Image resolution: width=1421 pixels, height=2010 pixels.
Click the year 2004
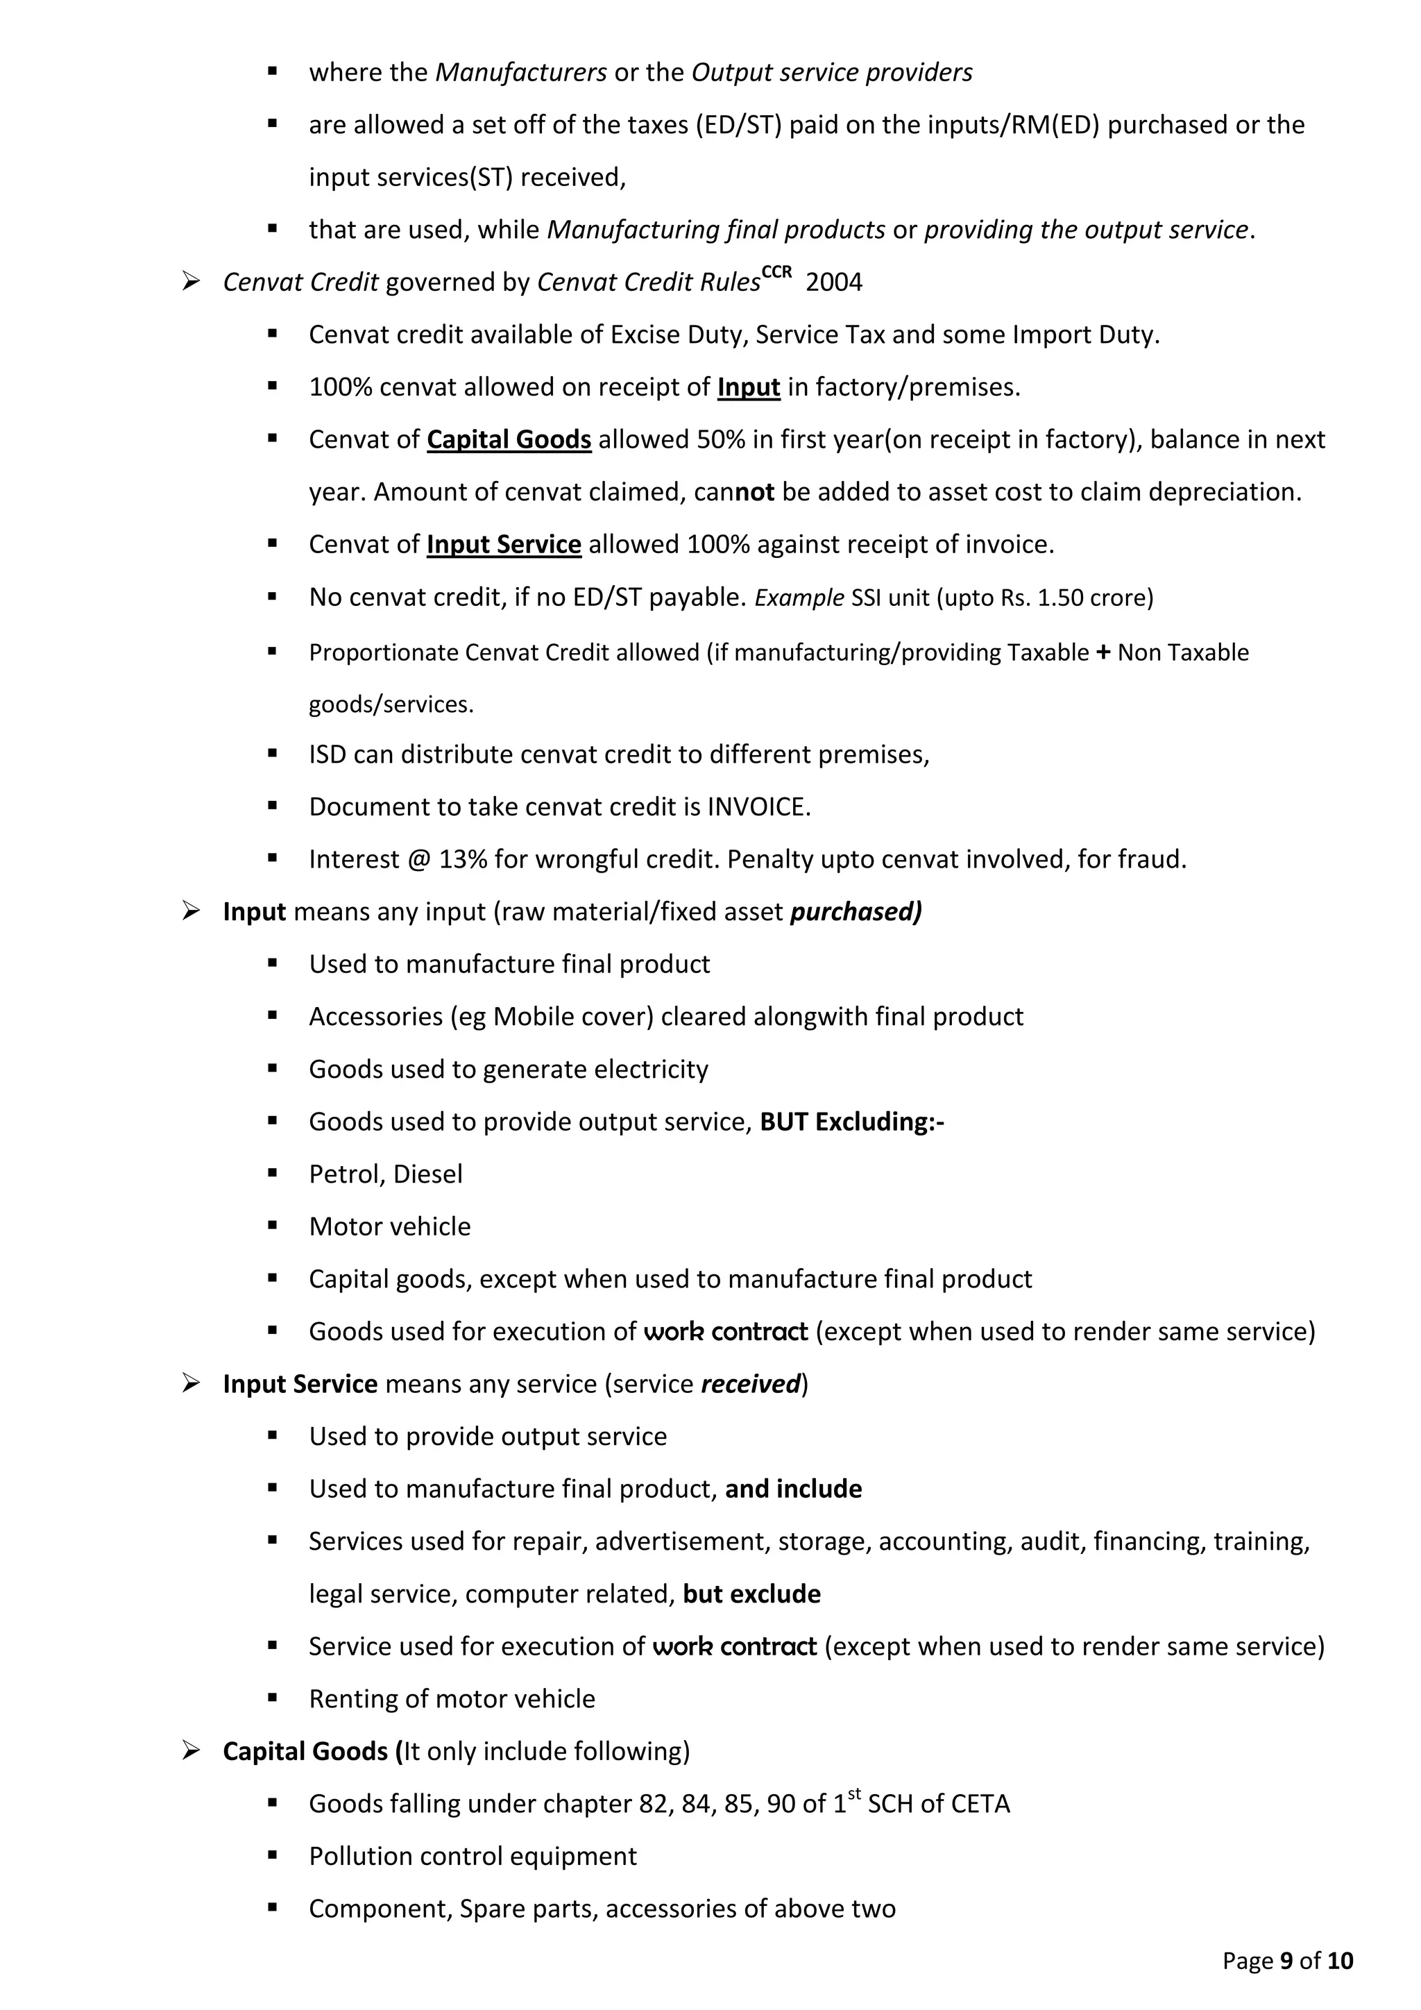pyautogui.click(x=833, y=282)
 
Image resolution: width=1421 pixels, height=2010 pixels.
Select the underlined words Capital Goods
pyautogui.click(x=509, y=439)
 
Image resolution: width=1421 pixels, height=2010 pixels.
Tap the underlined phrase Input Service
pyautogui.click(x=503, y=545)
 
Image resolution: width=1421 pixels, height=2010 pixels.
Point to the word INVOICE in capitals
pyautogui.click(x=758, y=807)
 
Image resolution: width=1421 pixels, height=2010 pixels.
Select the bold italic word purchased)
pyautogui.click(x=855, y=912)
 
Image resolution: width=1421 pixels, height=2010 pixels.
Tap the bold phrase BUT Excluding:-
pyautogui.click(x=851, y=1122)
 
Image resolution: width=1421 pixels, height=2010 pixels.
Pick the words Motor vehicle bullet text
pyautogui.click(x=389, y=1227)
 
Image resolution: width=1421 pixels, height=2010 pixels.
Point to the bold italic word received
pyautogui.click(x=751, y=1384)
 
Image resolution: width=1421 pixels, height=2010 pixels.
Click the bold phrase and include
pyautogui.click(x=793, y=1489)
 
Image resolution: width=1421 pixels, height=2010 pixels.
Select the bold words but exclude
pyautogui.click(x=751, y=1594)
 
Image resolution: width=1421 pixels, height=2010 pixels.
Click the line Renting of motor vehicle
pyautogui.click(x=452, y=1699)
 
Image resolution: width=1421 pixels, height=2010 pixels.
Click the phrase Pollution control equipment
pyautogui.click(x=473, y=1857)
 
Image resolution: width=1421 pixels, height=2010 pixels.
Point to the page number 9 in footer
pyautogui.click(x=1286, y=1961)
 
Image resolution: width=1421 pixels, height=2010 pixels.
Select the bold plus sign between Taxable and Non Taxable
pyautogui.click(x=1103, y=652)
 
